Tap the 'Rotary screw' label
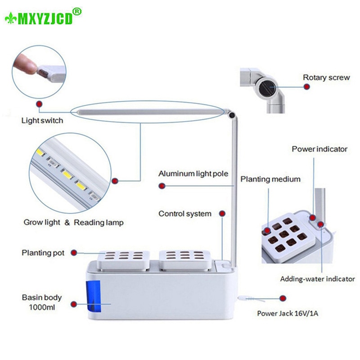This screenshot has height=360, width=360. point(326,77)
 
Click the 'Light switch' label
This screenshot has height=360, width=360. point(42,121)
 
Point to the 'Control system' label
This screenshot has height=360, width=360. point(184,213)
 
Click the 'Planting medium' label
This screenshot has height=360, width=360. point(270,179)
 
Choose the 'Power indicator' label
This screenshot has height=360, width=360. point(319,149)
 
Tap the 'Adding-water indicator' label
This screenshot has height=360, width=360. point(317,279)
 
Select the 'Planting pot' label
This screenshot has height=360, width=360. point(43,252)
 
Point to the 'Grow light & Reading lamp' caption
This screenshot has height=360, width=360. point(72,222)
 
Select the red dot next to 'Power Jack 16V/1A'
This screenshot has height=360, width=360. point(283,298)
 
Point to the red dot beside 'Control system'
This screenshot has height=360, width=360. point(222,213)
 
